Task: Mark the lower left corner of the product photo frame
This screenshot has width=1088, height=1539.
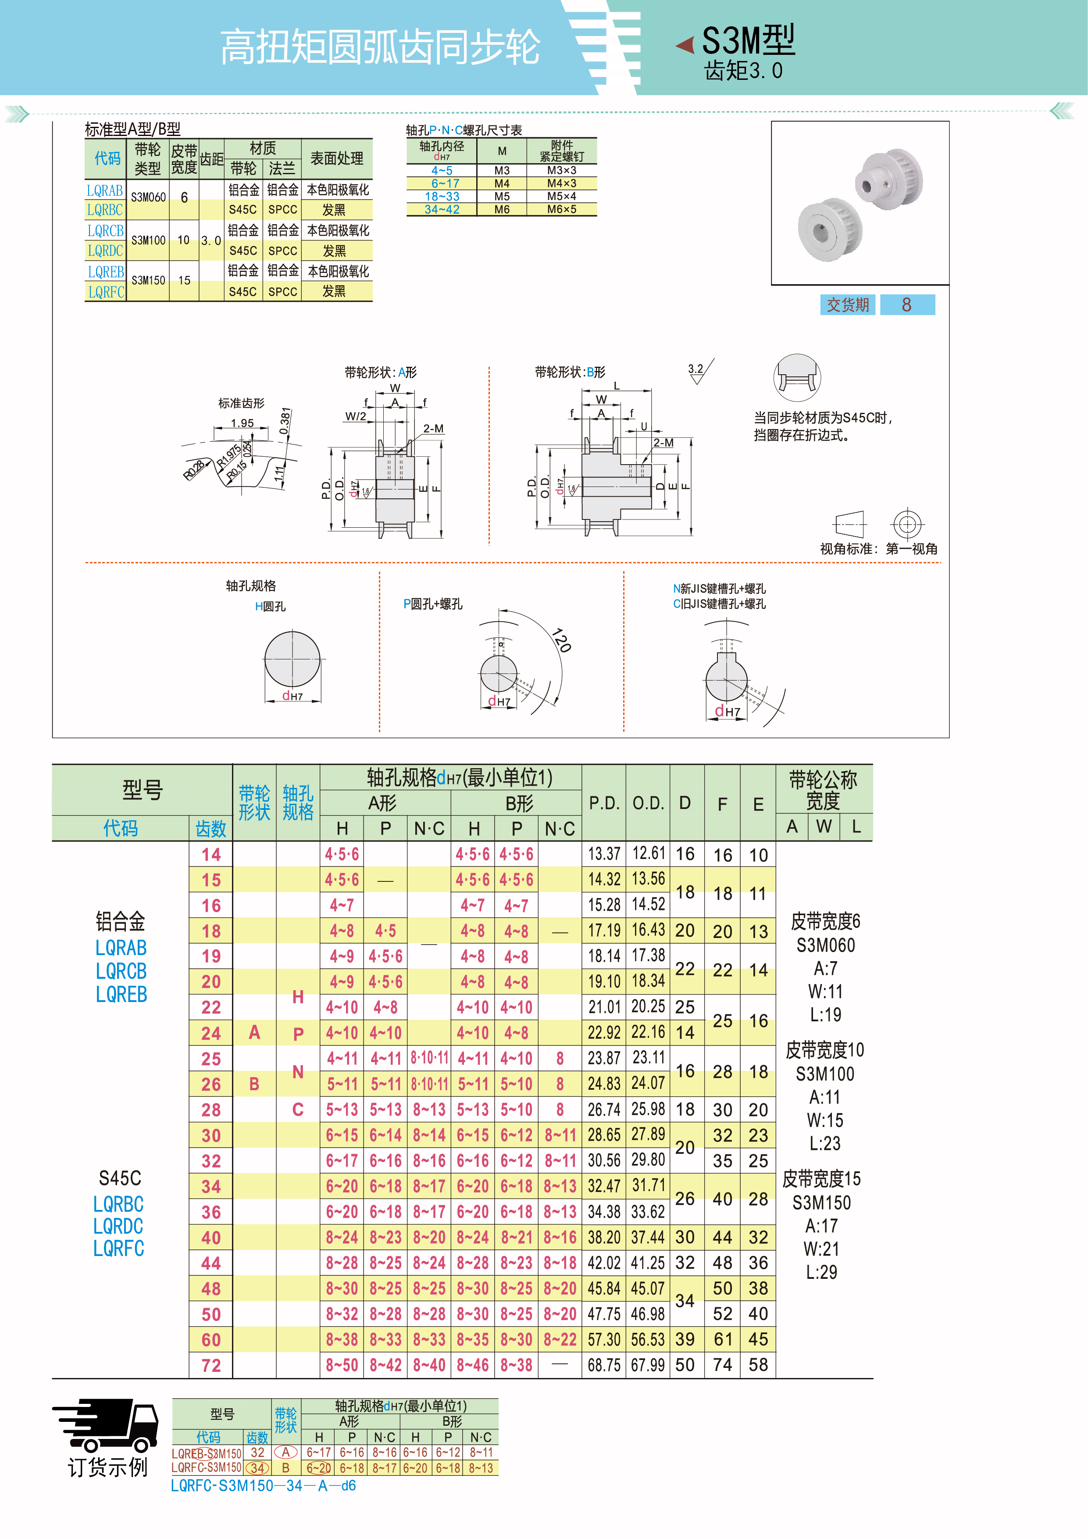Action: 772,285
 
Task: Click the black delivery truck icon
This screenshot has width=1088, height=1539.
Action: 106,1425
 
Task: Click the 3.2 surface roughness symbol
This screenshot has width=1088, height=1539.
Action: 700,371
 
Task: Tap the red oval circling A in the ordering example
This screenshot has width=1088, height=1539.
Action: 285,1452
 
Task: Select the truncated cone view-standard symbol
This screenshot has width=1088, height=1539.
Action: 849,523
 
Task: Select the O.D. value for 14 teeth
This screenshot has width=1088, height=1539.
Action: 648,853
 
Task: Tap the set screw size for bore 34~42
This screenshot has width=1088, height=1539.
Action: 561,209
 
